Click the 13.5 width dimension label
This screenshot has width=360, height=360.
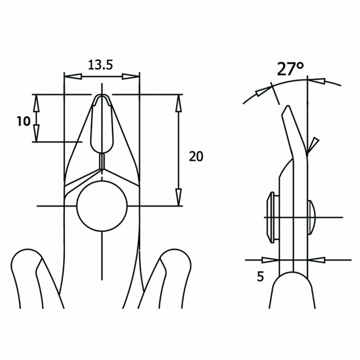coord(101,64)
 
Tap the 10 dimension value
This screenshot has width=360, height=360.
coord(23,121)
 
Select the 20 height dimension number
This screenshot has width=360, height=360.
coord(196,156)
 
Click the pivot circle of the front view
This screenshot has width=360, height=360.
coord(102,206)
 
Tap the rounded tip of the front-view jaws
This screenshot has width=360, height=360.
coord(102,98)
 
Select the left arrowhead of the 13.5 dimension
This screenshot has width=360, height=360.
coord(72,76)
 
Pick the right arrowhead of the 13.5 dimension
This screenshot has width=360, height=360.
coord(131,76)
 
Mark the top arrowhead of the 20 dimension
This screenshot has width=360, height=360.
coord(179,103)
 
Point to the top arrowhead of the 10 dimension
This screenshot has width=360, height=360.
coord(36,101)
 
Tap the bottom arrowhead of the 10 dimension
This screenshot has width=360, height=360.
coord(36,134)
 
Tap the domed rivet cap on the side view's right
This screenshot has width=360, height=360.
coord(311,217)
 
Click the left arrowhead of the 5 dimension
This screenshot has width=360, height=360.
coord(270,260)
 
